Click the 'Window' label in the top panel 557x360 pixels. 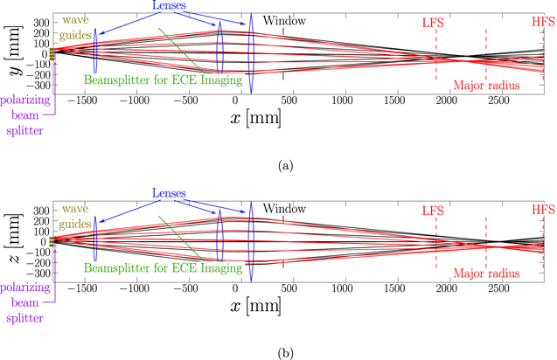(x=283, y=19)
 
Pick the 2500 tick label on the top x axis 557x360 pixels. (x=497, y=101)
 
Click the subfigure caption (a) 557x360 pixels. (x=278, y=163)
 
